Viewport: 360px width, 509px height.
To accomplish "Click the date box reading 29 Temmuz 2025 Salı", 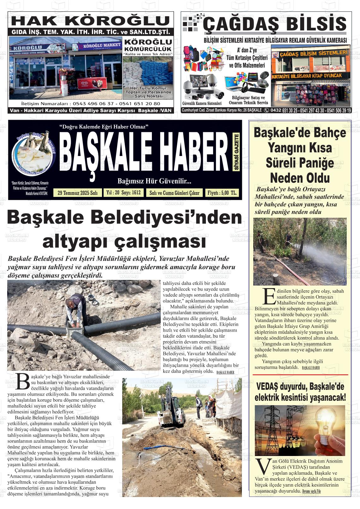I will coord(78,193).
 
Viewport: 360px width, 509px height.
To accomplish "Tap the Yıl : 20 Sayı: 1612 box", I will coord(123,193).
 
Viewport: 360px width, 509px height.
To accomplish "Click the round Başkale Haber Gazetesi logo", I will coord(34,152).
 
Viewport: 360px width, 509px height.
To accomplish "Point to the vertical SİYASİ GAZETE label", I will coord(237,152).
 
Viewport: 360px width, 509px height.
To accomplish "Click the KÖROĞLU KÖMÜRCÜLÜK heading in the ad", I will coord(148,45).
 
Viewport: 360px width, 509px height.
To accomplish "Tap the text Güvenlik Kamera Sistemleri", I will coord(202,103).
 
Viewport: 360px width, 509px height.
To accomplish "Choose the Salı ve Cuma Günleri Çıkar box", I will coord(174,193).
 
